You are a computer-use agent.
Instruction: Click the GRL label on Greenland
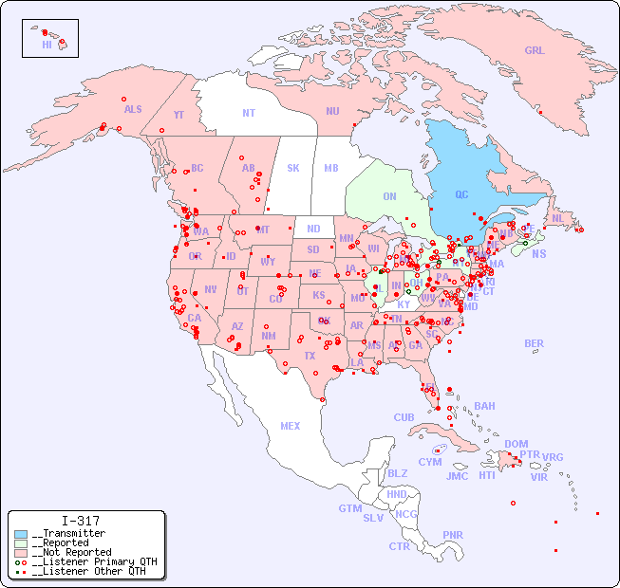(x=535, y=51)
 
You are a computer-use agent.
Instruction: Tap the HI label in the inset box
(x=47, y=44)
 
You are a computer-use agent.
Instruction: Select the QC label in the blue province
(x=461, y=194)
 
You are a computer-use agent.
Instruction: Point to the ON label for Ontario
(x=389, y=196)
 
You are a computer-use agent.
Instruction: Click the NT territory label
(x=249, y=113)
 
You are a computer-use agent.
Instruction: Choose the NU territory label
(x=332, y=111)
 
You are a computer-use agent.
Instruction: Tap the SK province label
(x=293, y=168)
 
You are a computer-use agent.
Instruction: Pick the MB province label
(x=331, y=168)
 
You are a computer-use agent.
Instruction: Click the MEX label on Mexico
(x=291, y=426)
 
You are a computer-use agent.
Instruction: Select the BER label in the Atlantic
(x=535, y=343)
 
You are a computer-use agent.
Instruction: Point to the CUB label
(x=404, y=417)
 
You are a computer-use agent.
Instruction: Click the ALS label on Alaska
(x=133, y=109)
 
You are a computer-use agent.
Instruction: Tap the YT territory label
(x=178, y=115)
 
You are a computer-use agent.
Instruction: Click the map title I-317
(x=81, y=521)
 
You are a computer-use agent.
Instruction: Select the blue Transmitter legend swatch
(x=21, y=534)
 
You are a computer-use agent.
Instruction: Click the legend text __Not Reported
(x=71, y=552)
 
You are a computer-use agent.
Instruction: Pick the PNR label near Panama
(x=453, y=535)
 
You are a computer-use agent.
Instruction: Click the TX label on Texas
(x=310, y=356)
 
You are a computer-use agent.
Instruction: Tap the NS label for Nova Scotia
(x=539, y=253)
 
